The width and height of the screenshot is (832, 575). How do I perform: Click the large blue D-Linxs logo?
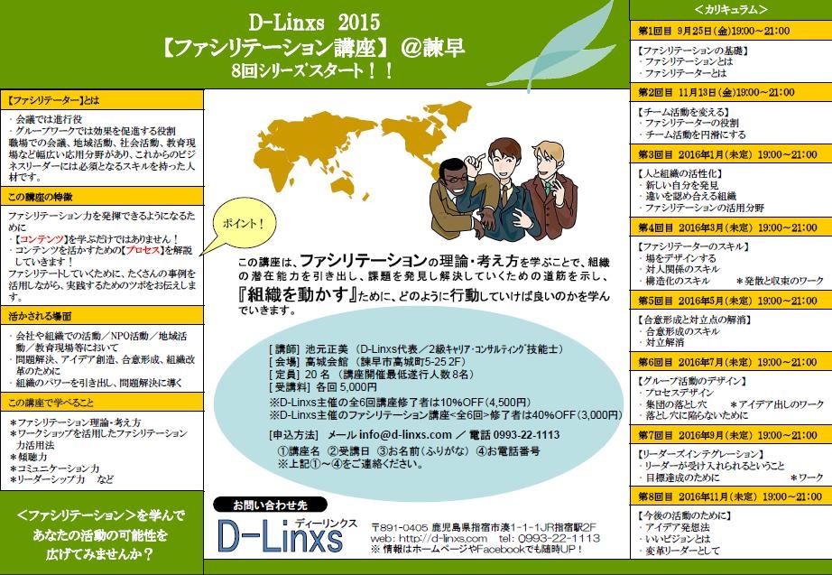click(x=280, y=536)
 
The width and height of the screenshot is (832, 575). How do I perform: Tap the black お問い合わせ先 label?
click(x=270, y=505)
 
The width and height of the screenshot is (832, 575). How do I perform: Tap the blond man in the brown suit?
click(x=552, y=186)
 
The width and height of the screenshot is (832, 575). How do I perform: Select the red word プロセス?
click(x=143, y=250)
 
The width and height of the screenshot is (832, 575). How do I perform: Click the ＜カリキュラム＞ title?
click(x=731, y=10)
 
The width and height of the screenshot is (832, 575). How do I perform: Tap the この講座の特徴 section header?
click(x=41, y=198)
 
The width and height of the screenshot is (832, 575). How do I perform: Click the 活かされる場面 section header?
click(x=40, y=317)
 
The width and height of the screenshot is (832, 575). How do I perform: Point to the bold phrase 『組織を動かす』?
click(x=298, y=294)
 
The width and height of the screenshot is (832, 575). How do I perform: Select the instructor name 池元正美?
click(x=327, y=349)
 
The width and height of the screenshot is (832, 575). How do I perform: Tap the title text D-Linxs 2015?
click(x=315, y=23)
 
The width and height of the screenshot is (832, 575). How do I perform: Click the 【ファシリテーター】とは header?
click(x=53, y=100)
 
